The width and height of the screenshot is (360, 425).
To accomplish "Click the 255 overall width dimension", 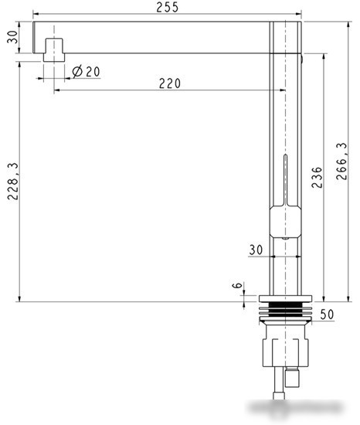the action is (x=168, y=7).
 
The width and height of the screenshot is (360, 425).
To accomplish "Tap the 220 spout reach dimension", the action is (x=170, y=83).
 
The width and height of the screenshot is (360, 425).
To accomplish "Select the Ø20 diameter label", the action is (x=87, y=71).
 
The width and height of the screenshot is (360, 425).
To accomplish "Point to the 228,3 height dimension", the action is (x=12, y=182).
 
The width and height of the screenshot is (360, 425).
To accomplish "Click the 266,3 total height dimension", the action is (x=341, y=161).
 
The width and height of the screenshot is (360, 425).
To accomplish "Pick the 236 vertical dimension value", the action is (x=317, y=178).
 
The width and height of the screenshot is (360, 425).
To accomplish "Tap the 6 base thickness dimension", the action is (x=237, y=285).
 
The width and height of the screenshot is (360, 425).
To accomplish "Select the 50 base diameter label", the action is (x=328, y=314).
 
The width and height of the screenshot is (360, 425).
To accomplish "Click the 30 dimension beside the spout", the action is (x=12, y=37).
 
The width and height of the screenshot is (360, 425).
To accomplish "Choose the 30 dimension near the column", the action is (x=256, y=250).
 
